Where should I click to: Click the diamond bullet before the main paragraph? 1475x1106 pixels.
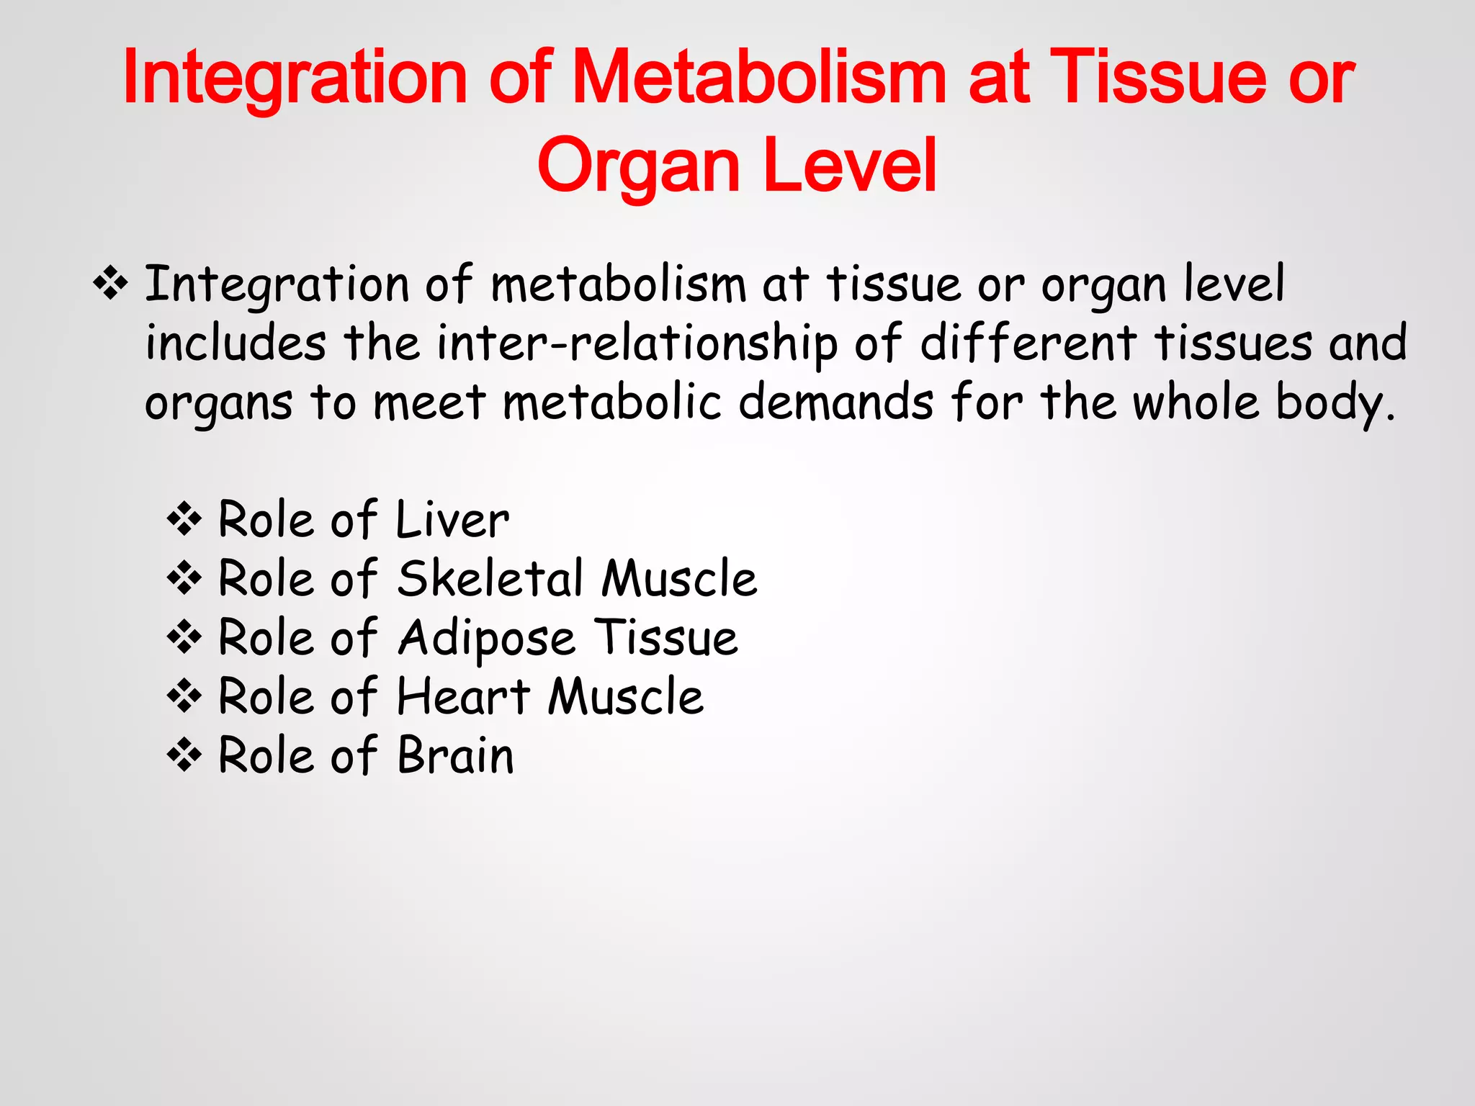110,283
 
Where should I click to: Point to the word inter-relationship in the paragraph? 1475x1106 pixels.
637,343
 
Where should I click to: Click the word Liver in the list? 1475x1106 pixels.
452,519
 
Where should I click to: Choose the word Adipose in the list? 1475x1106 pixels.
487,639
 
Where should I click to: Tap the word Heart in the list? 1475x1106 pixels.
464,696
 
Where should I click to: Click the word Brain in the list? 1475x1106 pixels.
456,755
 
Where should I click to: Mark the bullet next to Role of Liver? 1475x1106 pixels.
184,519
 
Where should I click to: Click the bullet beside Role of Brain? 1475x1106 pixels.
184,755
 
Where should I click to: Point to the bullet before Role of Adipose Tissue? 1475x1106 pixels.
184,637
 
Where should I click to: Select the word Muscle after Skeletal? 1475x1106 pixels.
679,578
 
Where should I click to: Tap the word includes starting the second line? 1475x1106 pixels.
236,343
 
